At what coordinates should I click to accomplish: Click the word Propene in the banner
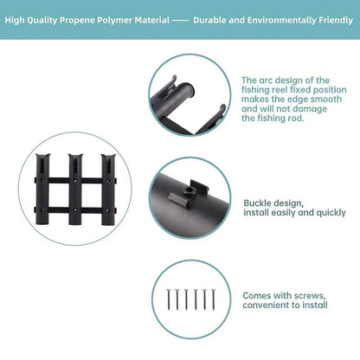click(x=77, y=20)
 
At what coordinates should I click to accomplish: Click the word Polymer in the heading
click(x=114, y=20)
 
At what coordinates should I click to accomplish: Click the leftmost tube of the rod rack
click(x=42, y=190)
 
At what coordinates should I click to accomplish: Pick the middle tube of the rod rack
click(x=75, y=190)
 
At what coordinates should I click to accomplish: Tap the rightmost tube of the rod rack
click(x=108, y=190)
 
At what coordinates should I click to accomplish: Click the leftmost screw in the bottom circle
click(x=169, y=299)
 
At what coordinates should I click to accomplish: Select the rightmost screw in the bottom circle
click(x=214, y=299)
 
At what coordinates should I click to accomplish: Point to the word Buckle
click(x=257, y=203)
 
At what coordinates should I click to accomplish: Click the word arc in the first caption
click(x=265, y=80)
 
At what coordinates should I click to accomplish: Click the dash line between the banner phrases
click(x=180, y=21)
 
